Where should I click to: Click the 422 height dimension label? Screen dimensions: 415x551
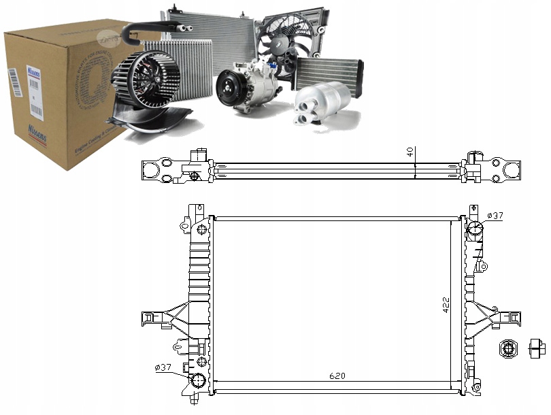click(446, 305)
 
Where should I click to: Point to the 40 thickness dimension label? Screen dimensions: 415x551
click(410, 152)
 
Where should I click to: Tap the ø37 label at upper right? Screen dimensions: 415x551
click(496, 216)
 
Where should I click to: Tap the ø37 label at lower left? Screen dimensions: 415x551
click(164, 367)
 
